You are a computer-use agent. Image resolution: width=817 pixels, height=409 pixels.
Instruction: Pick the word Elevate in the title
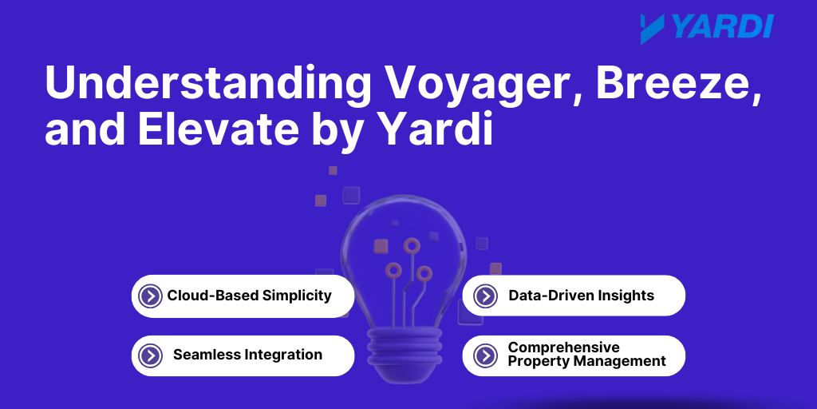[219, 129]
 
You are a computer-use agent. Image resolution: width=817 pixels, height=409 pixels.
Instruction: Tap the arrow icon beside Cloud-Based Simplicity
[150, 296]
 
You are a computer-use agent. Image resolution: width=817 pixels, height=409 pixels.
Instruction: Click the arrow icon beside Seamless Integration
[150, 355]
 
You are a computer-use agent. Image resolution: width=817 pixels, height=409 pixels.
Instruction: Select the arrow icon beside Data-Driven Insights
[485, 296]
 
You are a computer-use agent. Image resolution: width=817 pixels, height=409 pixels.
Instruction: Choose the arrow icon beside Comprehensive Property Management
[485, 355]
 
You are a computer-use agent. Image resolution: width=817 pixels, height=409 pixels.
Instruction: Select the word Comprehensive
[564, 347]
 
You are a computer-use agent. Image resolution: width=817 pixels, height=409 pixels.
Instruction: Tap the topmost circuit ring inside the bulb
[412, 245]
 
